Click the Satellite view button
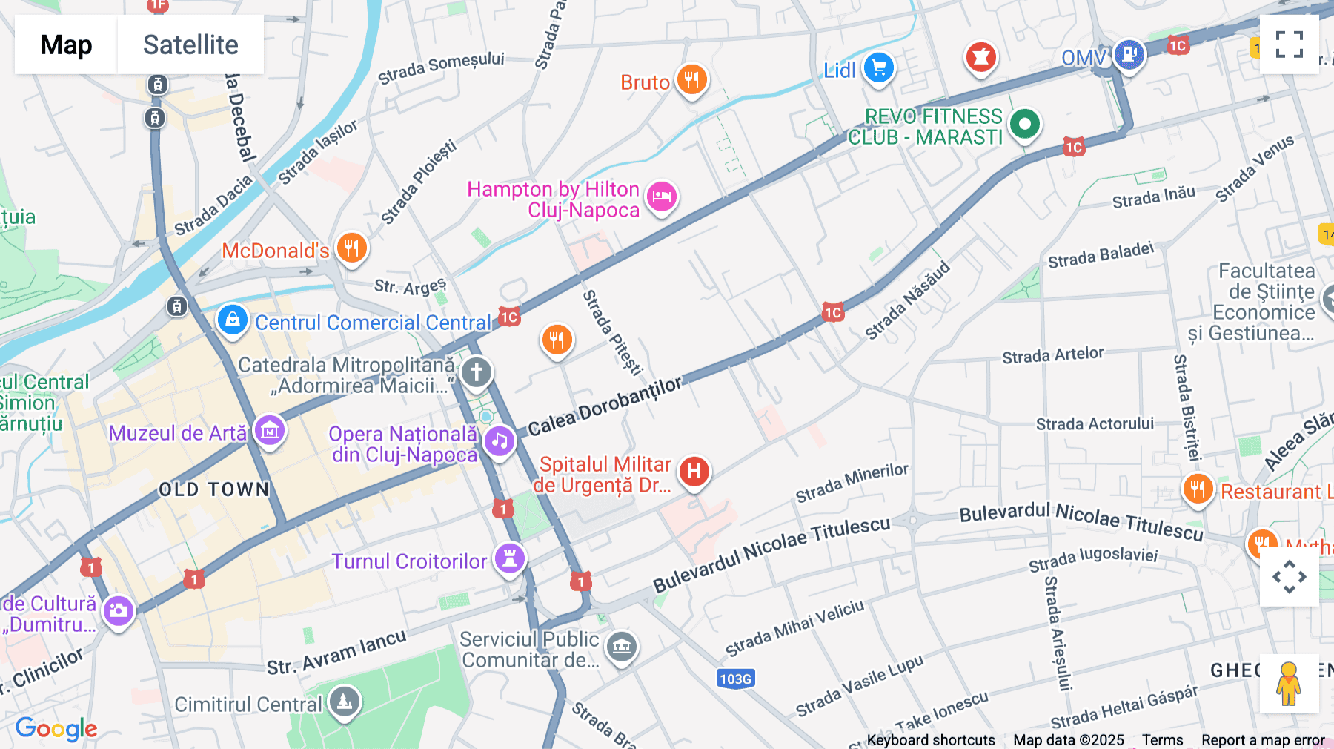pyautogui.click(x=190, y=44)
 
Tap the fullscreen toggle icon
pyautogui.click(x=1289, y=44)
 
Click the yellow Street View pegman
pyautogui.click(x=1289, y=684)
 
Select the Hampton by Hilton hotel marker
pyautogui.click(x=662, y=197)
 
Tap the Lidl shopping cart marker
pyautogui.click(x=879, y=68)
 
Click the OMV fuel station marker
pyautogui.click(x=1129, y=54)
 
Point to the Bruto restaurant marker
pyautogui.click(x=692, y=79)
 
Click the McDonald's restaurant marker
pyautogui.click(x=352, y=248)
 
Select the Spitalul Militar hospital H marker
pyautogui.click(x=694, y=471)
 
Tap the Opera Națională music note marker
pyautogui.click(x=500, y=441)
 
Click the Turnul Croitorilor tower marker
pyautogui.click(x=510, y=558)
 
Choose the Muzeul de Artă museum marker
pyautogui.click(x=270, y=430)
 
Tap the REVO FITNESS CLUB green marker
pyautogui.click(x=1025, y=124)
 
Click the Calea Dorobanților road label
pyautogui.click(x=604, y=406)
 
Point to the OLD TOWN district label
pyautogui.click(x=214, y=489)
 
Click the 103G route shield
pyautogui.click(x=735, y=679)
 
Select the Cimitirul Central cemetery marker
pyautogui.click(x=345, y=701)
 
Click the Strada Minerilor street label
pyautogui.click(x=852, y=483)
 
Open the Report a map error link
pyautogui.click(x=1263, y=740)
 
